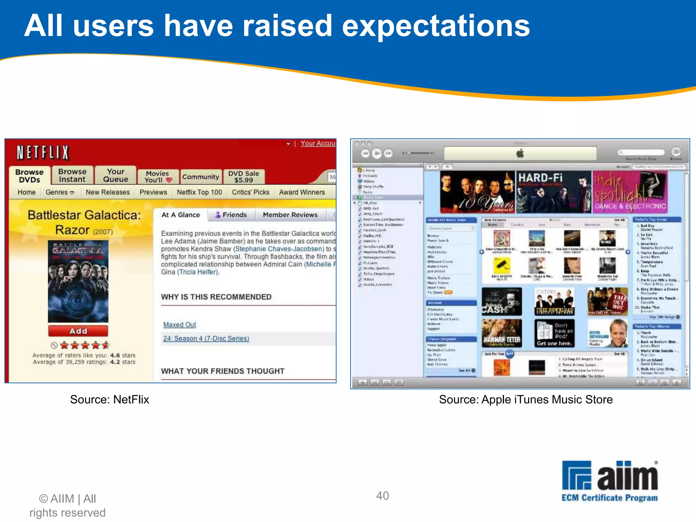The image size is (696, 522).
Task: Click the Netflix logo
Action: point(43,153)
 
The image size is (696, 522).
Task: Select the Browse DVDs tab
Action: point(30,176)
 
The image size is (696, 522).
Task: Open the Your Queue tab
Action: point(116,175)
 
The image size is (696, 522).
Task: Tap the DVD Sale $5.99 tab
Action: point(243,177)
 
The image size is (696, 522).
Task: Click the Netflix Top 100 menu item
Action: point(199,192)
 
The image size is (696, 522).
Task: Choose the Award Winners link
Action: point(302,192)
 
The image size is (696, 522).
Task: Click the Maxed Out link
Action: point(179,325)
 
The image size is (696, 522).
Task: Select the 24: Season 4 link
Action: point(206,338)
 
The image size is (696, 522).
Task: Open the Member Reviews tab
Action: point(290,215)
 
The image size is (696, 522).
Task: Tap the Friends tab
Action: point(231,215)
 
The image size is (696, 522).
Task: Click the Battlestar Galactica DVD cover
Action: point(78,281)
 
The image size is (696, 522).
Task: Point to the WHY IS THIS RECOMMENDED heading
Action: point(216,297)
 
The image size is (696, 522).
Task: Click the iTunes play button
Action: point(377,154)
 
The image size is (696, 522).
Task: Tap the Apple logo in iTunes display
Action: point(520,154)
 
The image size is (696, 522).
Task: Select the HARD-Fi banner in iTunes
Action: point(554,192)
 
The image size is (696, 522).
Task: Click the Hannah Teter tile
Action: point(502,333)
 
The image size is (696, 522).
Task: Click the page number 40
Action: point(382,495)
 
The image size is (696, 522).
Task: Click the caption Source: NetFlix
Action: point(109,399)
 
